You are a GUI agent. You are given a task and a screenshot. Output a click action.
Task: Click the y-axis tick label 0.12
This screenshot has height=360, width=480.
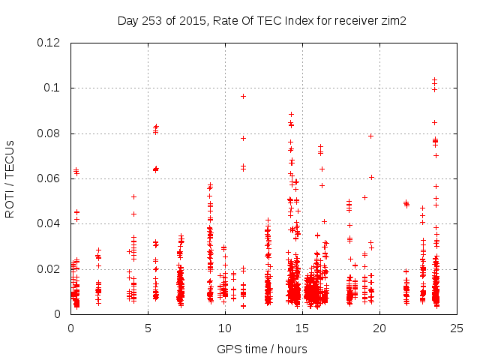[x=49, y=43]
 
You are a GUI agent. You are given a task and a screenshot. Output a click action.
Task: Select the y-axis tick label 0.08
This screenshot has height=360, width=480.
[x=49, y=133]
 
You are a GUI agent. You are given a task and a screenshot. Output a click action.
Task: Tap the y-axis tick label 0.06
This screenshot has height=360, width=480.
[x=49, y=178]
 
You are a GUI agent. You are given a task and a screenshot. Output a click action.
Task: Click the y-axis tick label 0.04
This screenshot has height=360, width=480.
[x=49, y=223]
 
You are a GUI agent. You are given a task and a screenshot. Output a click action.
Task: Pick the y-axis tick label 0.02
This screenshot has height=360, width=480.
[x=49, y=269]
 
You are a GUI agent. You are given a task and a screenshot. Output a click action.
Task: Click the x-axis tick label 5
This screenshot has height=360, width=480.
[x=148, y=328]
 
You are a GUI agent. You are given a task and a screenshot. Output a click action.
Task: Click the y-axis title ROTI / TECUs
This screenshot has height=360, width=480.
[x=10, y=178]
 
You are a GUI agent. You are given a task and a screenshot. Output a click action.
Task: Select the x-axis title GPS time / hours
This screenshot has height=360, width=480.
[x=262, y=349]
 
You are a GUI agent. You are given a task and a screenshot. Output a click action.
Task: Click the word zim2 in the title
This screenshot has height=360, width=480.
[x=393, y=20]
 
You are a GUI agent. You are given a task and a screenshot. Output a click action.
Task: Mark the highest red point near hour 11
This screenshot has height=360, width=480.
[x=243, y=96]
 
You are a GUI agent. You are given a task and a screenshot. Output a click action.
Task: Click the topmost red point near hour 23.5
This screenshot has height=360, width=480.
[x=434, y=79]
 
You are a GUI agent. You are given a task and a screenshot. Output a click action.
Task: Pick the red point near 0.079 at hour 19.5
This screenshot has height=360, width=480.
[x=370, y=136]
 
